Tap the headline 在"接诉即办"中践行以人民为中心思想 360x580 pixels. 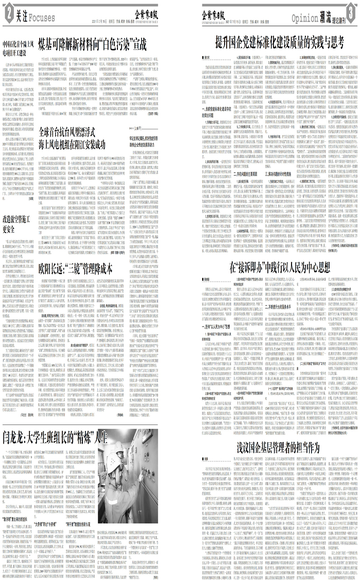click(x=279, y=268)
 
